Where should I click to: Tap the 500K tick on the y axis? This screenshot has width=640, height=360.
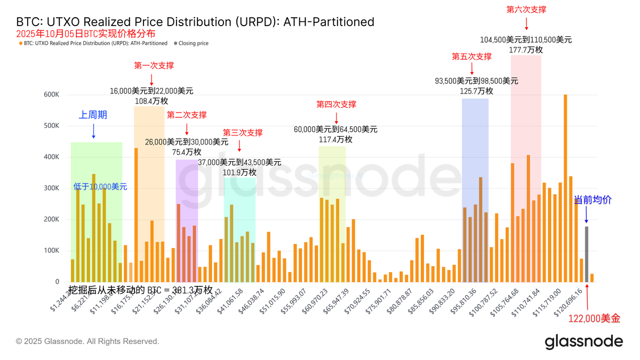point(52,126)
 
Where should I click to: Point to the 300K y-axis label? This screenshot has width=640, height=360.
point(52,188)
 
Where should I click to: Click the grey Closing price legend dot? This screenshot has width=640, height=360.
point(175,43)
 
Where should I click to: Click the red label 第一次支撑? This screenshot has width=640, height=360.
point(154,66)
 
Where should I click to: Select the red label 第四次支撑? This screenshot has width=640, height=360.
point(336,104)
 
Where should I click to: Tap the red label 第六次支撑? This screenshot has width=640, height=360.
point(526,10)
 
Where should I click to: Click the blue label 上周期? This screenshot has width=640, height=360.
point(93,115)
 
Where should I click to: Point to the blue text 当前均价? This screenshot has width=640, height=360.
point(593,200)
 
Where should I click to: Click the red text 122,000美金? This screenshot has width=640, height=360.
point(595,318)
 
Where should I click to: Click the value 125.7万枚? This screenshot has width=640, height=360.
point(476,91)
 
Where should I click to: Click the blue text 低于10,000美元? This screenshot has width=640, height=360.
point(100,187)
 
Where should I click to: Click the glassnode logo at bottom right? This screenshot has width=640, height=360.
point(583,341)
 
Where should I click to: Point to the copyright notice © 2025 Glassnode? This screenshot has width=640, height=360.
point(87,341)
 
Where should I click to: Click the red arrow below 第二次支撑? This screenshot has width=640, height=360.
point(187,129)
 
